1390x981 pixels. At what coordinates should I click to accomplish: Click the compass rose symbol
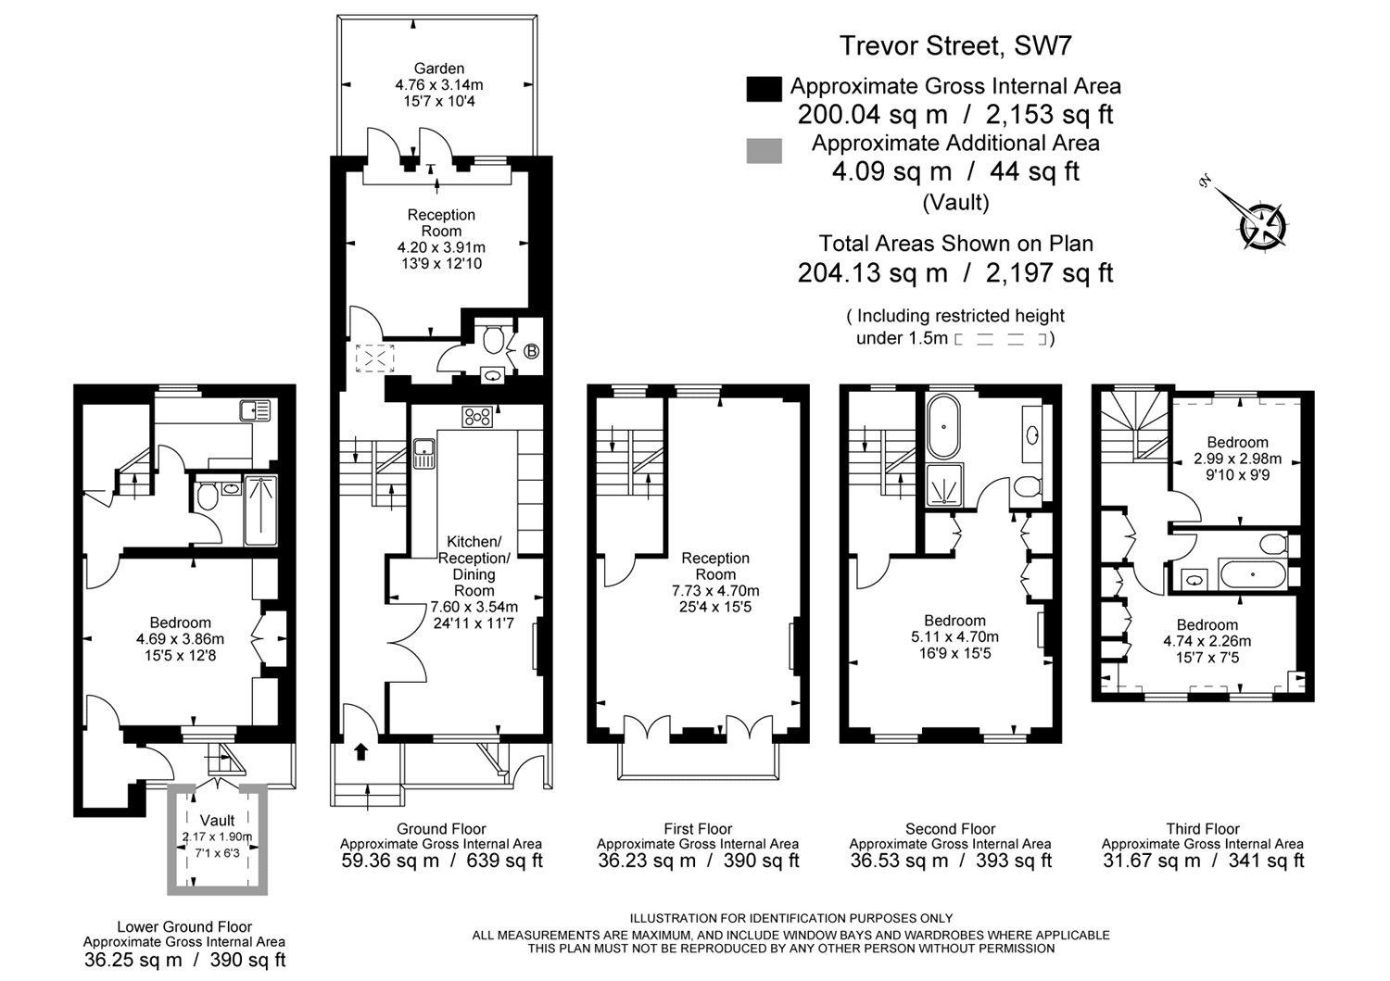pyautogui.click(x=1261, y=226)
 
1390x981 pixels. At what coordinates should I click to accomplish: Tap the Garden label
pyautogui.click(x=439, y=69)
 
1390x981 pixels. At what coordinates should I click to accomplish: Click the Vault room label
pyautogui.click(x=217, y=821)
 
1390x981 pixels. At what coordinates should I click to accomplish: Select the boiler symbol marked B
pyautogui.click(x=531, y=351)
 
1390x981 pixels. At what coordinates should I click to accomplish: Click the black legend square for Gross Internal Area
pyautogui.click(x=764, y=89)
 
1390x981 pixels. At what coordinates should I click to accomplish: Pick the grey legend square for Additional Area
pyautogui.click(x=764, y=151)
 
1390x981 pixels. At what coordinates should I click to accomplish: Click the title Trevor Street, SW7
pyautogui.click(x=955, y=45)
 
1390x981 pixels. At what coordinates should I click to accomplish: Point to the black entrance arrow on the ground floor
pyautogui.click(x=360, y=752)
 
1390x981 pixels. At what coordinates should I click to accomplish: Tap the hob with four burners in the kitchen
pyautogui.click(x=477, y=417)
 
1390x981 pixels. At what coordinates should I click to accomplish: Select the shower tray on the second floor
pyautogui.click(x=944, y=484)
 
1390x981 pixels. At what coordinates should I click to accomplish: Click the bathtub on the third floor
pyautogui.click(x=1252, y=574)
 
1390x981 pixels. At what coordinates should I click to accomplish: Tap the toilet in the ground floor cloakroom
pyautogui.click(x=494, y=339)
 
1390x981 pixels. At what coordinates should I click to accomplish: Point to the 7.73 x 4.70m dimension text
pyautogui.click(x=715, y=591)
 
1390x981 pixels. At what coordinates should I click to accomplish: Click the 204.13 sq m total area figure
pyautogui.click(x=873, y=272)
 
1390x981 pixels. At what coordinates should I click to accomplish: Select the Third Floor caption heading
pyautogui.click(x=1203, y=828)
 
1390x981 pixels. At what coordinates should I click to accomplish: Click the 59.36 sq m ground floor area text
pyautogui.click(x=390, y=861)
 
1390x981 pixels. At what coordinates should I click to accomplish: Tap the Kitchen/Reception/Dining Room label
pyautogui.click(x=474, y=566)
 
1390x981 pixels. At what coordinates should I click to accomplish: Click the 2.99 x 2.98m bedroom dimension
pyautogui.click(x=1237, y=459)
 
